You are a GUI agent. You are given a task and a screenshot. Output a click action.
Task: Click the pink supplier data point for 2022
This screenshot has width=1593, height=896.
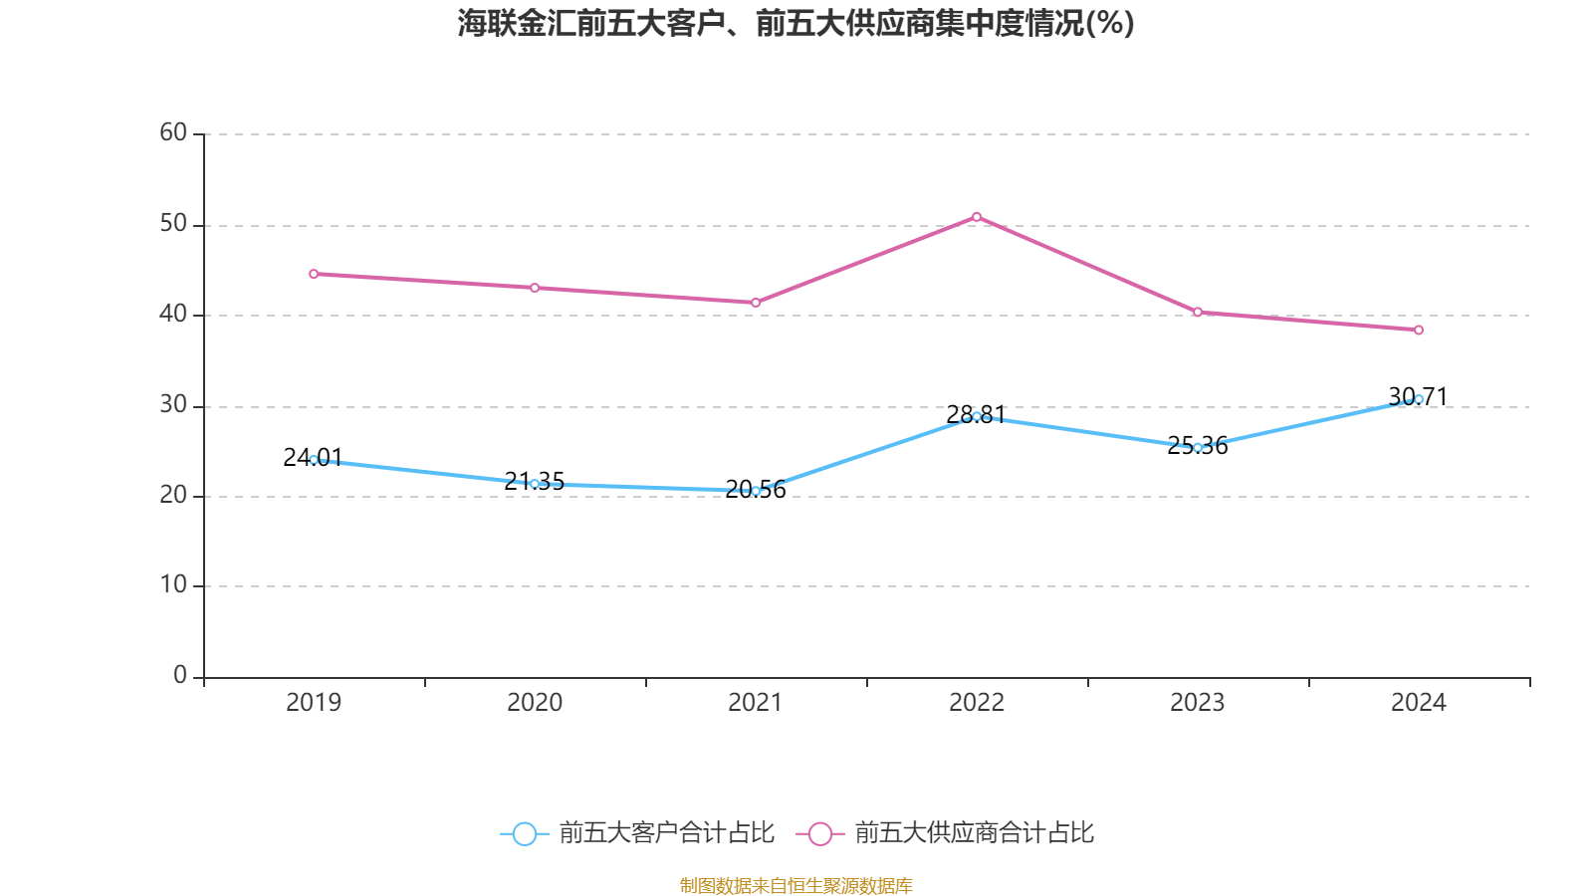tap(977, 217)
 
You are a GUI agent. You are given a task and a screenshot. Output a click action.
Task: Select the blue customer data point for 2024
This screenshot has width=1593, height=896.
tap(1419, 399)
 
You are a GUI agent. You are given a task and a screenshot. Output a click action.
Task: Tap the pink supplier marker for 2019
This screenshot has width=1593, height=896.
tap(314, 274)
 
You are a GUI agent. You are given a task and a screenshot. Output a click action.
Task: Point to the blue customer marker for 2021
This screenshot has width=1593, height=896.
tap(756, 491)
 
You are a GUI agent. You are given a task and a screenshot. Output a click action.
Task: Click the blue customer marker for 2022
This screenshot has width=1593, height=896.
tap(977, 416)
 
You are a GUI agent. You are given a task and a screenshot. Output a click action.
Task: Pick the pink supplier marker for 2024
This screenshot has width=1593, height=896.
tap(1419, 330)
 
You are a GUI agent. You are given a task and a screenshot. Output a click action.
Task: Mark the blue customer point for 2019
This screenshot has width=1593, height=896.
tap(314, 460)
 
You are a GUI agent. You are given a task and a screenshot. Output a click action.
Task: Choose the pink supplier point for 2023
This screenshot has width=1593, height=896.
tap(1198, 313)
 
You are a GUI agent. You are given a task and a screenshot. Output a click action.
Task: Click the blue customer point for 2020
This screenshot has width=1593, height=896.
tap(535, 484)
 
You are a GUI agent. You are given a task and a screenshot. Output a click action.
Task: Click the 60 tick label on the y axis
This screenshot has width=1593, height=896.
tap(173, 132)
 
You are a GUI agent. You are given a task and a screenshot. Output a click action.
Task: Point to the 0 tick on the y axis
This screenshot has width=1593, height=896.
tap(180, 675)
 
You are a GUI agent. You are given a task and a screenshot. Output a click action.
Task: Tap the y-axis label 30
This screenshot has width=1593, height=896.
tap(173, 404)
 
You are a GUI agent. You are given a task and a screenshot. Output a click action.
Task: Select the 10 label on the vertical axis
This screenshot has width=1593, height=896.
tap(173, 584)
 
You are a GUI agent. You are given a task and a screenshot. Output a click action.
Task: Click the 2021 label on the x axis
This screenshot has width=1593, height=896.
tap(756, 703)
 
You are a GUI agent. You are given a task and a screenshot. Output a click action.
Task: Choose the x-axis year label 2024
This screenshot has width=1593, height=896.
tap(1419, 703)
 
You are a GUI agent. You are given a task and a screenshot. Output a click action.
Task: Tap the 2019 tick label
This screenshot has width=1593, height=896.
tap(314, 703)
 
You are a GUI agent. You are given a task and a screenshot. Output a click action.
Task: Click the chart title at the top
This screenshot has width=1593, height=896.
tap(796, 23)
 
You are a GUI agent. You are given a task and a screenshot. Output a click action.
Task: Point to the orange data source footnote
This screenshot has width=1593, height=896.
tap(796, 885)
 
